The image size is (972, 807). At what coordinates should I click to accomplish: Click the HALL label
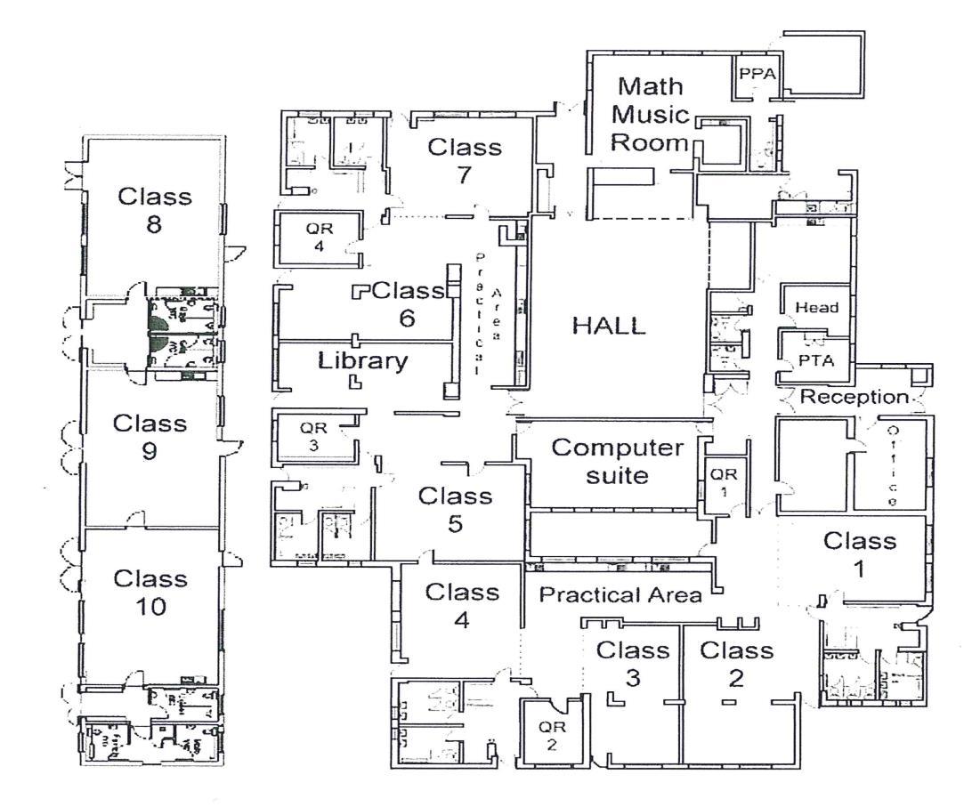tap(609, 326)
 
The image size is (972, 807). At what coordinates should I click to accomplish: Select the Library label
tap(363, 360)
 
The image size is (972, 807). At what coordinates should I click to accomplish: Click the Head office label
tap(816, 307)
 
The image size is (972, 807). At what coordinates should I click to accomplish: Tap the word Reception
tap(855, 397)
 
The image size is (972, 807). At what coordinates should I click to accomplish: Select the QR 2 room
tap(551, 735)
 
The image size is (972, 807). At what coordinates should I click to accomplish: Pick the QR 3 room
tap(308, 435)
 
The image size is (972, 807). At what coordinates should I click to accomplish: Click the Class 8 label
tap(155, 210)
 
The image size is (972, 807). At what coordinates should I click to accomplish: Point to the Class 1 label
tap(859, 554)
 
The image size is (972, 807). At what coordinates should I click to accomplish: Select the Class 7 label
tap(465, 161)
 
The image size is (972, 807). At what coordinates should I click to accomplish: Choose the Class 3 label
tap(633, 664)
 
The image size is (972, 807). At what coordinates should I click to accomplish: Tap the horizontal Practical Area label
tap(620, 595)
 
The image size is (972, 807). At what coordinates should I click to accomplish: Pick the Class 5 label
tap(455, 510)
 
